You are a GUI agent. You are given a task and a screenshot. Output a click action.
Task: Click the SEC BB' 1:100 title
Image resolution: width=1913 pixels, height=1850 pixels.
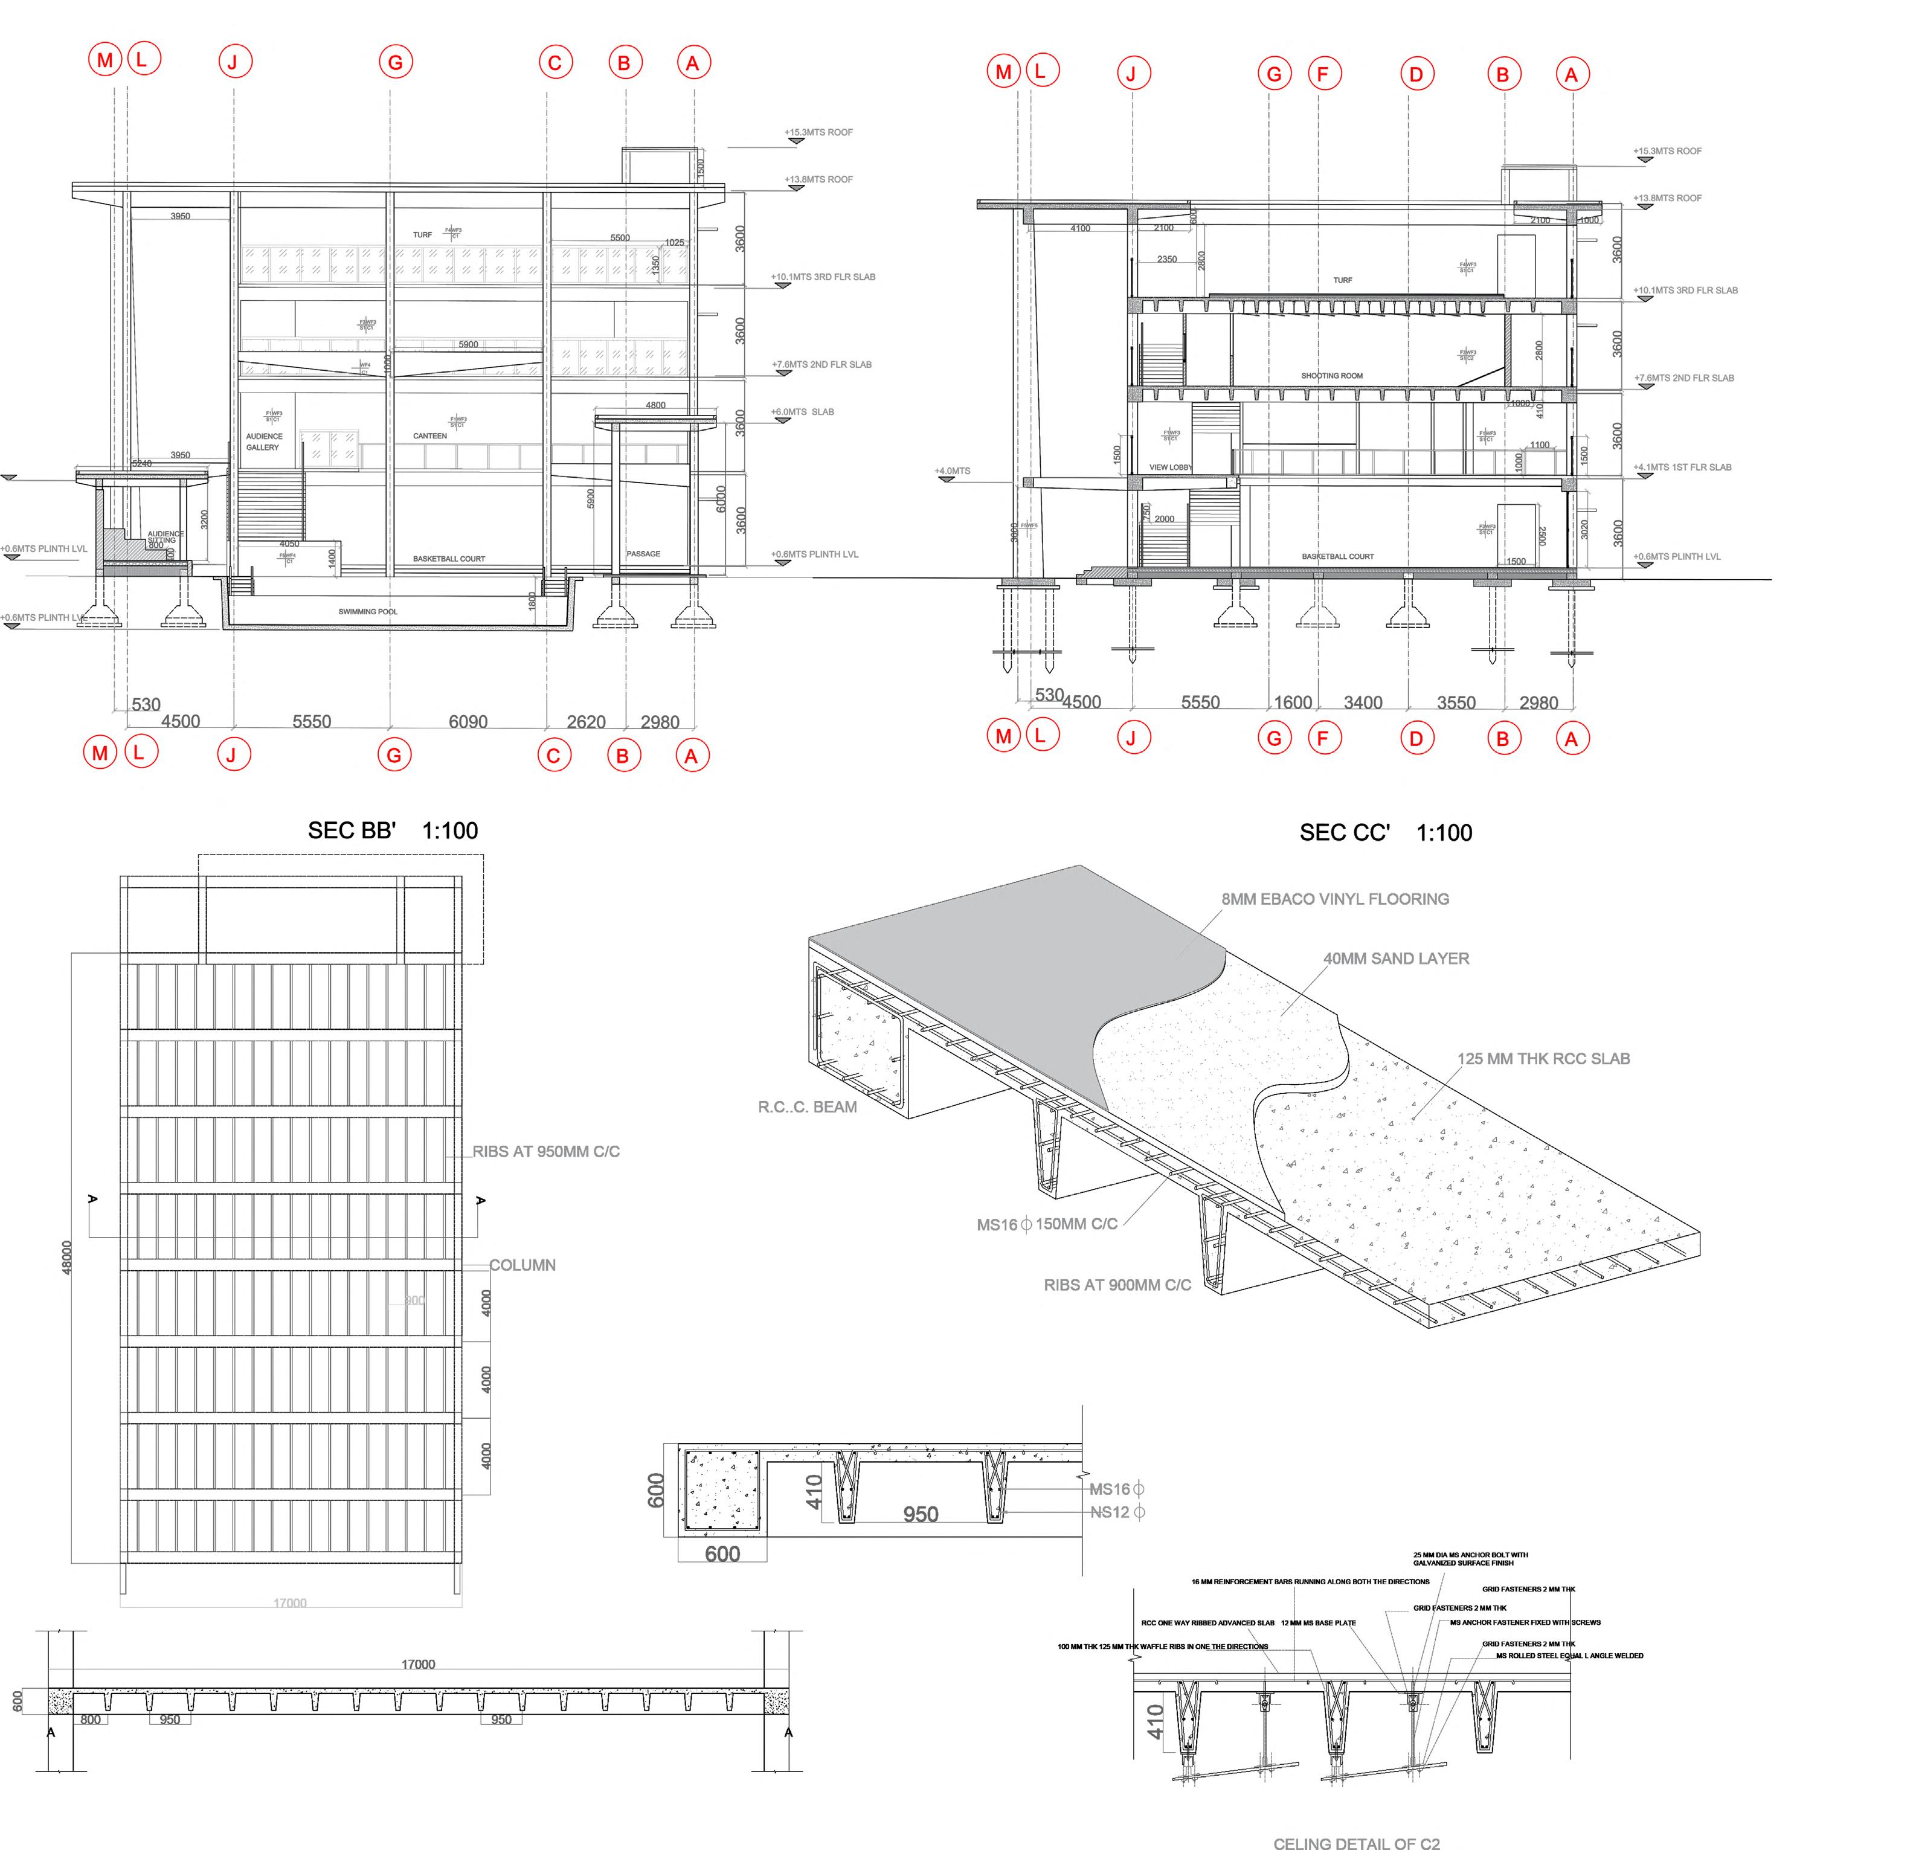point(393,830)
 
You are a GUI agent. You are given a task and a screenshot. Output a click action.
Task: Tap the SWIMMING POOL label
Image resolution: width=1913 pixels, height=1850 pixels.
point(368,612)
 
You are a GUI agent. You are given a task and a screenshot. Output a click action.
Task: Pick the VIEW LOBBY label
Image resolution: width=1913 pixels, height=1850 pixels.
point(1170,467)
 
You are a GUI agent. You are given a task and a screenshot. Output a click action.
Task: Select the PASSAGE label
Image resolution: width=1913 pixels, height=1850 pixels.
point(643,553)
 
